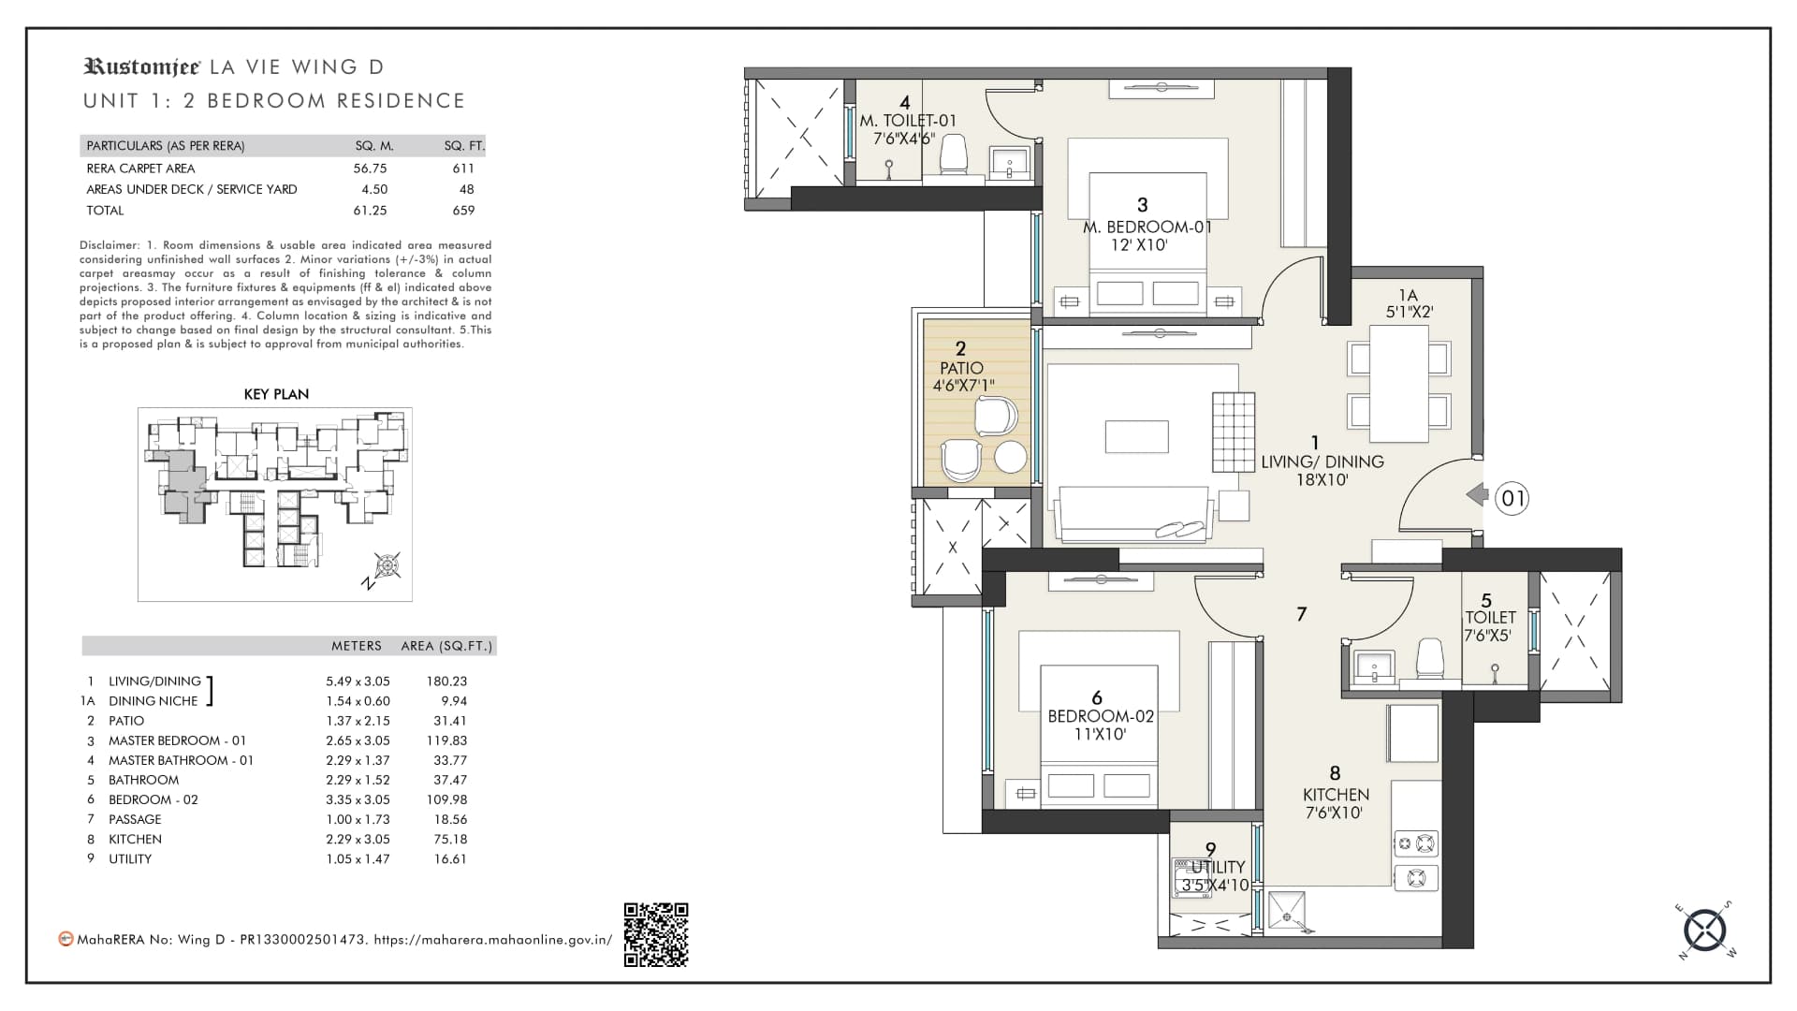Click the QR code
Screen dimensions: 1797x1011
click(x=656, y=934)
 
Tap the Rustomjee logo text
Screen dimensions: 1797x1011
click(x=141, y=66)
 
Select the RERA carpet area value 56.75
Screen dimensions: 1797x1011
click(x=371, y=168)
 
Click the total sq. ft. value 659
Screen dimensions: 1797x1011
click(x=463, y=211)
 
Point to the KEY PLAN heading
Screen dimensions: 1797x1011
click(x=276, y=394)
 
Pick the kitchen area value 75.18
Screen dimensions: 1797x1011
click(x=450, y=839)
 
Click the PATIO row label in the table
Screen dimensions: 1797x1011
click(x=126, y=721)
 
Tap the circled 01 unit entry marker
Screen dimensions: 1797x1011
click(x=1512, y=498)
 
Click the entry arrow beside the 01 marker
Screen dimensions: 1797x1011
click(x=1477, y=494)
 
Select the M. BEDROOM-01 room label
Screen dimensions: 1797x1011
click(x=1147, y=227)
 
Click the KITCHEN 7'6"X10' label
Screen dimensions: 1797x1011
click(x=1336, y=803)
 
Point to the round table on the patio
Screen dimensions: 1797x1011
click(x=1010, y=457)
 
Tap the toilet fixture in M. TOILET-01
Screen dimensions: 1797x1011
click(x=953, y=155)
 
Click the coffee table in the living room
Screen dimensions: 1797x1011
click(x=1136, y=437)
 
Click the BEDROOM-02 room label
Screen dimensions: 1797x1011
click(x=1101, y=716)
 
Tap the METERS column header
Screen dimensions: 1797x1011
click(x=357, y=646)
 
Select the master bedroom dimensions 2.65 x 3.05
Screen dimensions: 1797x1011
click(x=358, y=740)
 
